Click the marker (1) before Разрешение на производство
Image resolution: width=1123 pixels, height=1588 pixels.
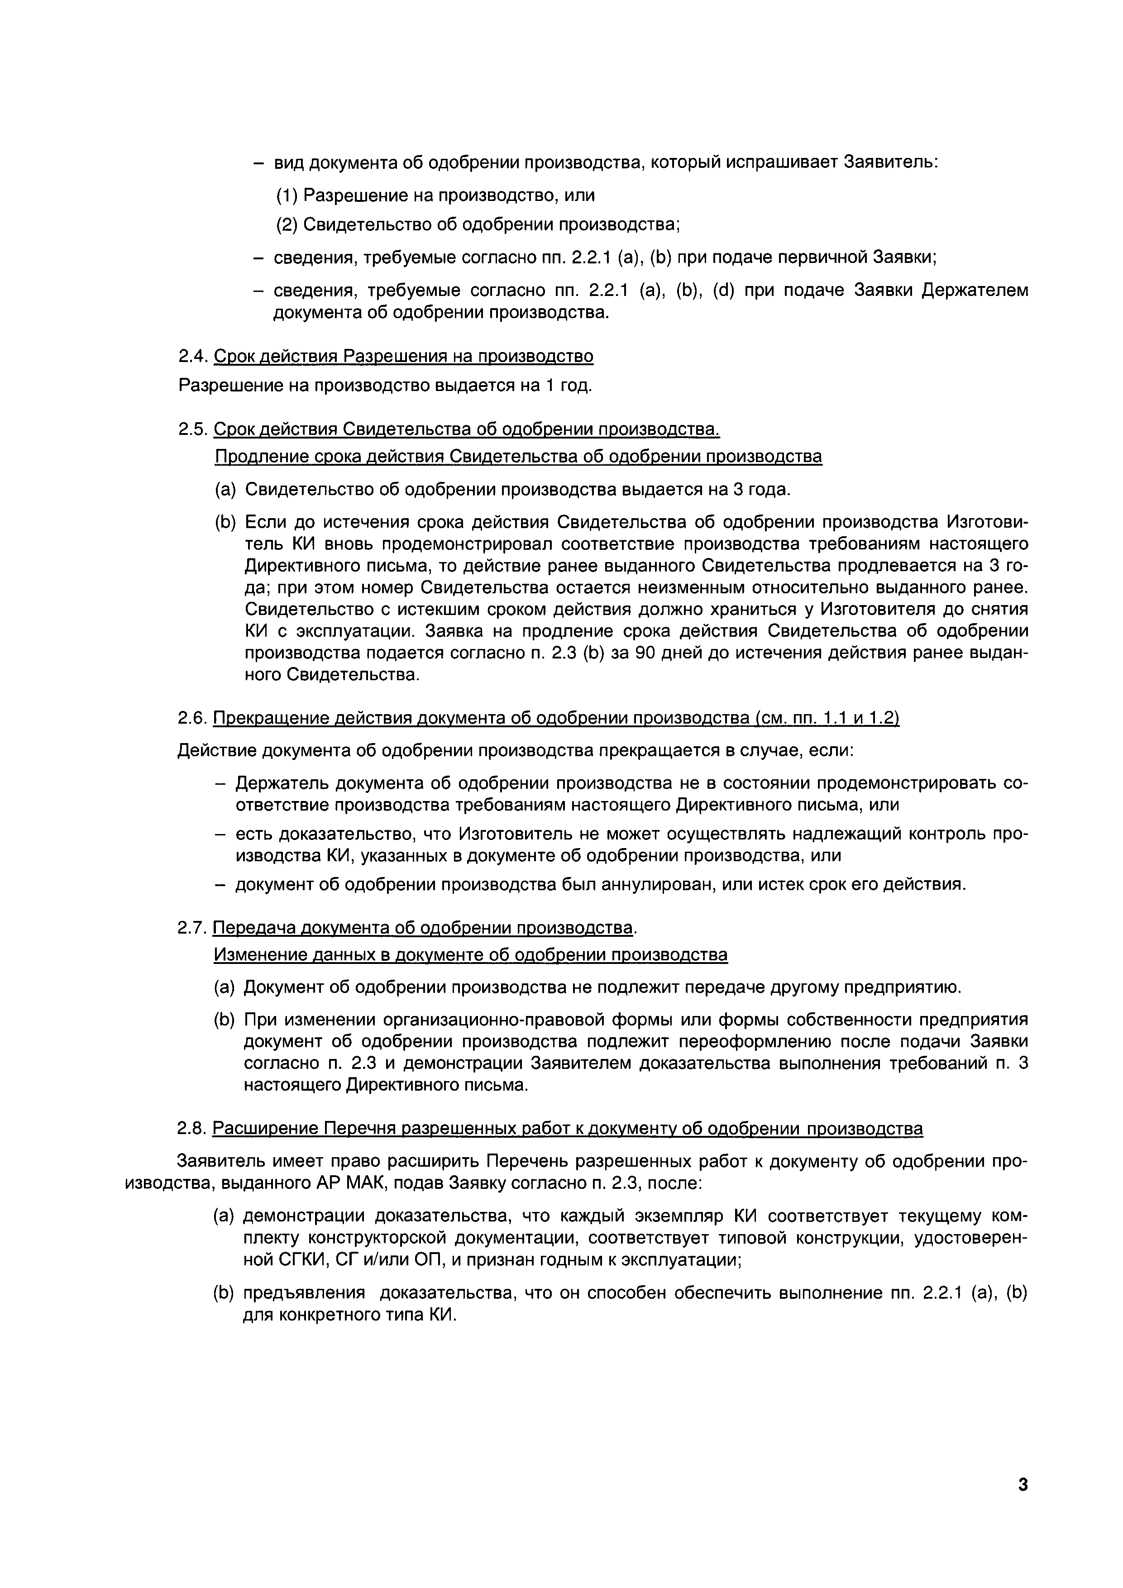287,196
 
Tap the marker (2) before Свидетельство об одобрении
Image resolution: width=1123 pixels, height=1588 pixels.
287,225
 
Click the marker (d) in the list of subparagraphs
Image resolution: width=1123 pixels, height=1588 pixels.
724,291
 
